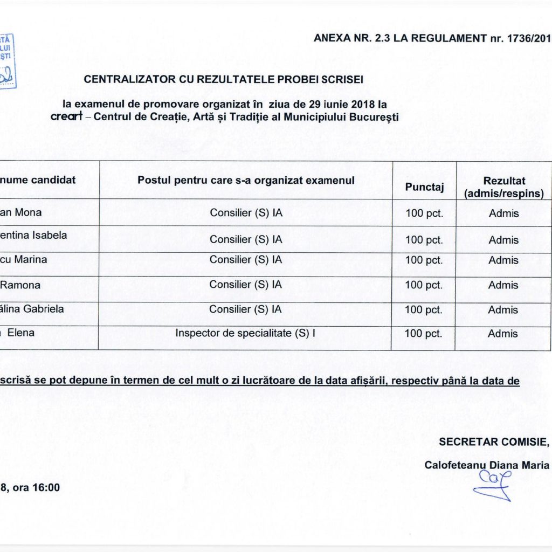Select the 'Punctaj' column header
424,187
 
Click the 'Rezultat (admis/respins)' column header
504,187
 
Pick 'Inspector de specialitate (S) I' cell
245,333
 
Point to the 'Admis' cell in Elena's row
503,334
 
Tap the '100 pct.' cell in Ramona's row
424,285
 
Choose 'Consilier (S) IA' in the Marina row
246,259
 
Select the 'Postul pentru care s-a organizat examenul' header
246,180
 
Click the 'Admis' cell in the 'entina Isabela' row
503,240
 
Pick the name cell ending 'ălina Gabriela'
32,309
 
